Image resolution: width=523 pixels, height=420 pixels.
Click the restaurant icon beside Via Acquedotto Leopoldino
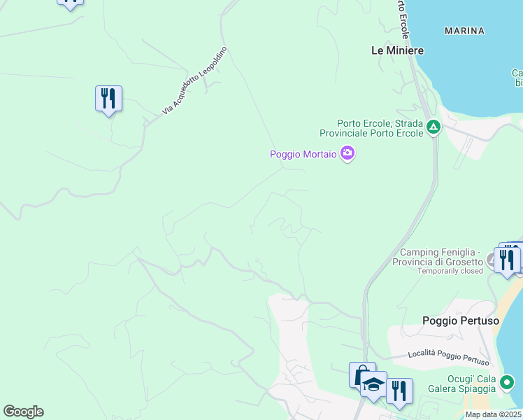click(108, 98)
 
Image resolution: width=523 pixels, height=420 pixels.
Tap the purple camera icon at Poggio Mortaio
click(347, 153)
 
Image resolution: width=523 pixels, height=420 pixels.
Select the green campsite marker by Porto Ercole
click(434, 127)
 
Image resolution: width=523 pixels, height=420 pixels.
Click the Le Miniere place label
click(397, 50)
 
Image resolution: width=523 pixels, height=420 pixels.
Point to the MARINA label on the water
click(464, 31)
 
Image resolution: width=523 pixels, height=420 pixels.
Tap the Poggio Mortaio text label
click(303, 154)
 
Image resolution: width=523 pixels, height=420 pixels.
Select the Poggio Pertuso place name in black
click(461, 321)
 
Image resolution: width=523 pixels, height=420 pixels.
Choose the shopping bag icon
click(361, 375)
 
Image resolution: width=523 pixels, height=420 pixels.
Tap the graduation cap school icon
click(374, 384)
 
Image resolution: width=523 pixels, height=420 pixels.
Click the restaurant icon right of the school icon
click(399, 391)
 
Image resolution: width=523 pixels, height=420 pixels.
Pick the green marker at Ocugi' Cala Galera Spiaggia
click(508, 383)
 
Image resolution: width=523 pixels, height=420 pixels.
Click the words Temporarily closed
click(450, 271)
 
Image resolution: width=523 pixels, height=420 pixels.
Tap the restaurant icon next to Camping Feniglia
click(506, 260)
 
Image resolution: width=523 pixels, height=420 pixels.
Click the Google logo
click(23, 412)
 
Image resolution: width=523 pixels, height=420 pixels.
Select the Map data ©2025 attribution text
click(493, 414)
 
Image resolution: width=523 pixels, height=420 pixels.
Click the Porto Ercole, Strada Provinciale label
click(371, 127)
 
